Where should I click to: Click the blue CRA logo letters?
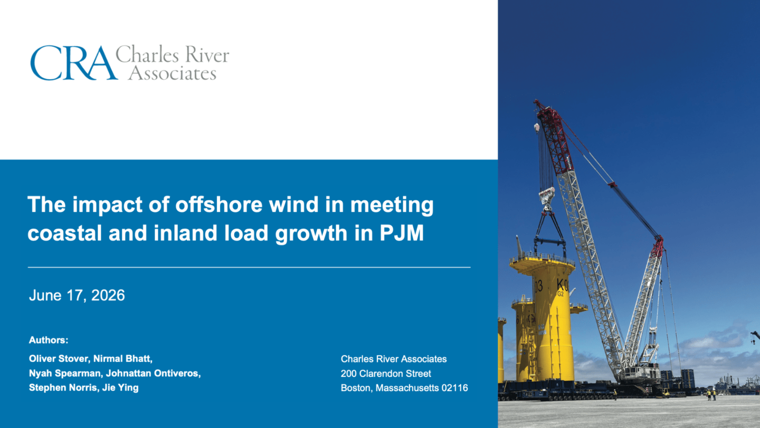tap(74, 63)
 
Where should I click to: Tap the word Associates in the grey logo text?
tap(173, 72)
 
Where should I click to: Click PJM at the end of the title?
tap(402, 233)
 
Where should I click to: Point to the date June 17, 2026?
tap(77, 295)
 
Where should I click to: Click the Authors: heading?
tap(49, 340)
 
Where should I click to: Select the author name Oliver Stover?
tap(59, 359)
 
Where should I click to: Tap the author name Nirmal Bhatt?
tap(122, 359)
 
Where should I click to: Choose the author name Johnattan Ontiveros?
tap(153, 373)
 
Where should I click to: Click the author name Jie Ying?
tap(120, 388)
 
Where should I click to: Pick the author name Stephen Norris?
tap(63, 388)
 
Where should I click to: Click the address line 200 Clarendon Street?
tap(386, 373)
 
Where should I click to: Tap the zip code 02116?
tap(454, 388)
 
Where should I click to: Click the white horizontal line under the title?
tap(249, 267)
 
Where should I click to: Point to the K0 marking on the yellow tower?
tap(562, 284)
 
